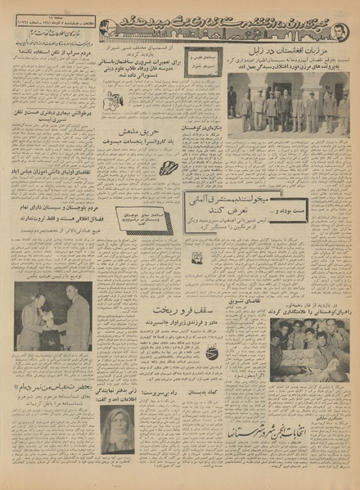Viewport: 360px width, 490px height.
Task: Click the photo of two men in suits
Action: point(53,316)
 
